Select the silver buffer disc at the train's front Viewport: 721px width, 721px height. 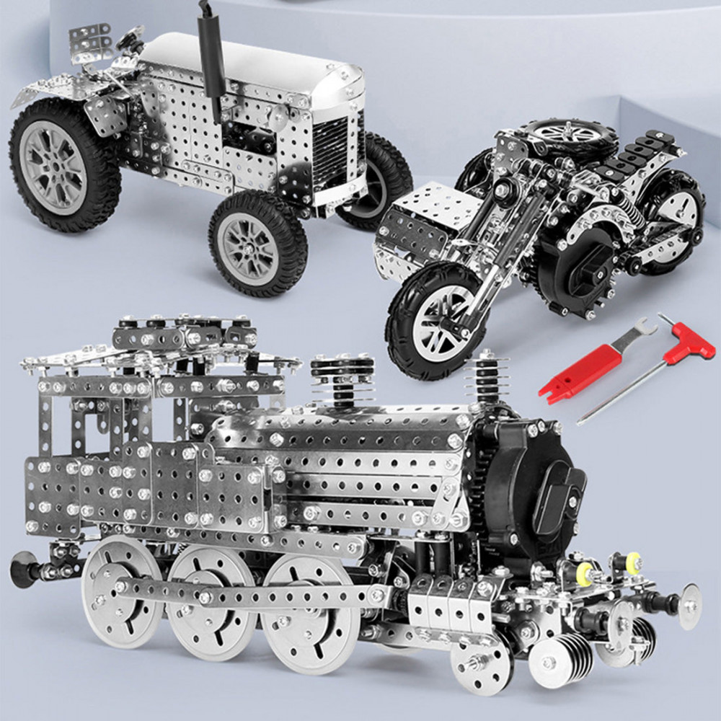689,606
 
